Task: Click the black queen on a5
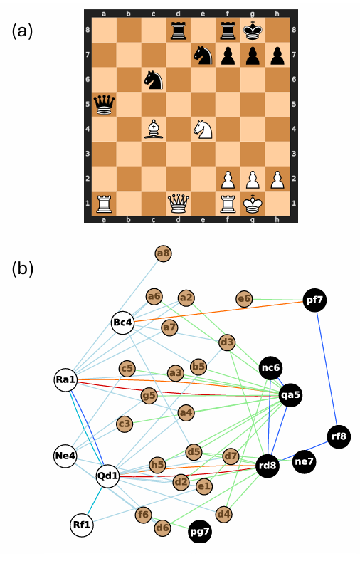(x=105, y=105)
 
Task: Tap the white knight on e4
(x=203, y=130)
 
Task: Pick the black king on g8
(x=253, y=31)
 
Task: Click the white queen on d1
(x=178, y=203)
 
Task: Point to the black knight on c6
(x=154, y=80)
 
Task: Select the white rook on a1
(x=105, y=203)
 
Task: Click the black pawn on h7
(x=277, y=56)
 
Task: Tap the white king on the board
(x=253, y=203)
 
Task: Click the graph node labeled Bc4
(x=122, y=323)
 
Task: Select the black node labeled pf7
(x=314, y=300)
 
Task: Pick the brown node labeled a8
(x=163, y=253)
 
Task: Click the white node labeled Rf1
(x=82, y=525)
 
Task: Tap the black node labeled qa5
(x=290, y=395)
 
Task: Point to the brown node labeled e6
(x=244, y=298)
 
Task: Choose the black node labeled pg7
(x=199, y=532)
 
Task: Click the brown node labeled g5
(x=149, y=396)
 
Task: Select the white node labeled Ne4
(x=65, y=456)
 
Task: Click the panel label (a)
(x=22, y=31)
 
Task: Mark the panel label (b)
(x=22, y=269)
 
